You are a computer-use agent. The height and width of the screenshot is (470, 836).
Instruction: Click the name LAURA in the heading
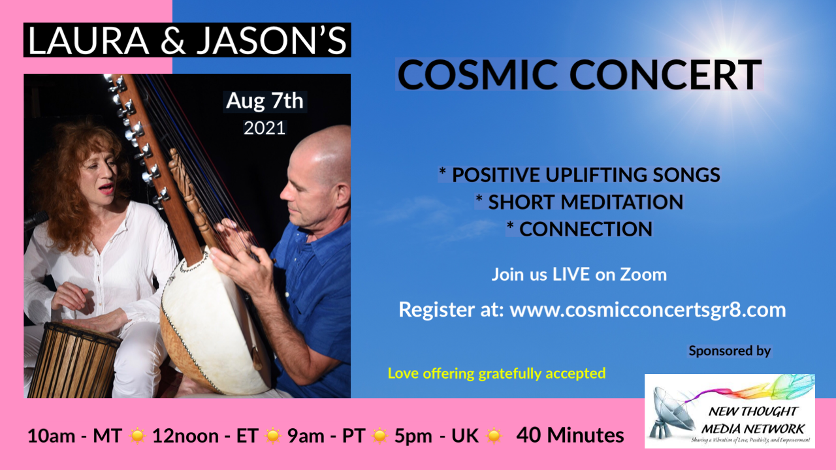[x=88, y=40]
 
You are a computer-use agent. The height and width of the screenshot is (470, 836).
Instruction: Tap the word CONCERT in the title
[x=666, y=74]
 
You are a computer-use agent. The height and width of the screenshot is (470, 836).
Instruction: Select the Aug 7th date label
[x=265, y=101]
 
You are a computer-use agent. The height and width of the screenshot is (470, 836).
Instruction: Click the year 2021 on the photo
[x=265, y=128]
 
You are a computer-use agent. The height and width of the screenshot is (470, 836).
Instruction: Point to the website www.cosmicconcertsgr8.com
[x=648, y=309]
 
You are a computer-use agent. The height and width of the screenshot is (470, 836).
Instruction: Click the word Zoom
[x=643, y=275]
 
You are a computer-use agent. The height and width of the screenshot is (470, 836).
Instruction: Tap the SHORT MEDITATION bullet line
[x=579, y=202]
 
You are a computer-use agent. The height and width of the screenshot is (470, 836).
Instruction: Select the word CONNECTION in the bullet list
[x=586, y=228]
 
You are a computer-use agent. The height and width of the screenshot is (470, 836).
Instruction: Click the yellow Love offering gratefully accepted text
[x=497, y=373]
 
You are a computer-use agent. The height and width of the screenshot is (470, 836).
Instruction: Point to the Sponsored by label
[x=730, y=351]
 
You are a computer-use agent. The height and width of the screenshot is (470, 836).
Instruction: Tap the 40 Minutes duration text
[x=570, y=435]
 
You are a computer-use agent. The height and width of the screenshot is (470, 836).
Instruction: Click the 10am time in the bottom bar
[x=51, y=435]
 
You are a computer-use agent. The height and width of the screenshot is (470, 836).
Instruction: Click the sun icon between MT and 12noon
[x=137, y=435]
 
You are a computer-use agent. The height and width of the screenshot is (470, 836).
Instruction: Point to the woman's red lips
[x=108, y=188]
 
